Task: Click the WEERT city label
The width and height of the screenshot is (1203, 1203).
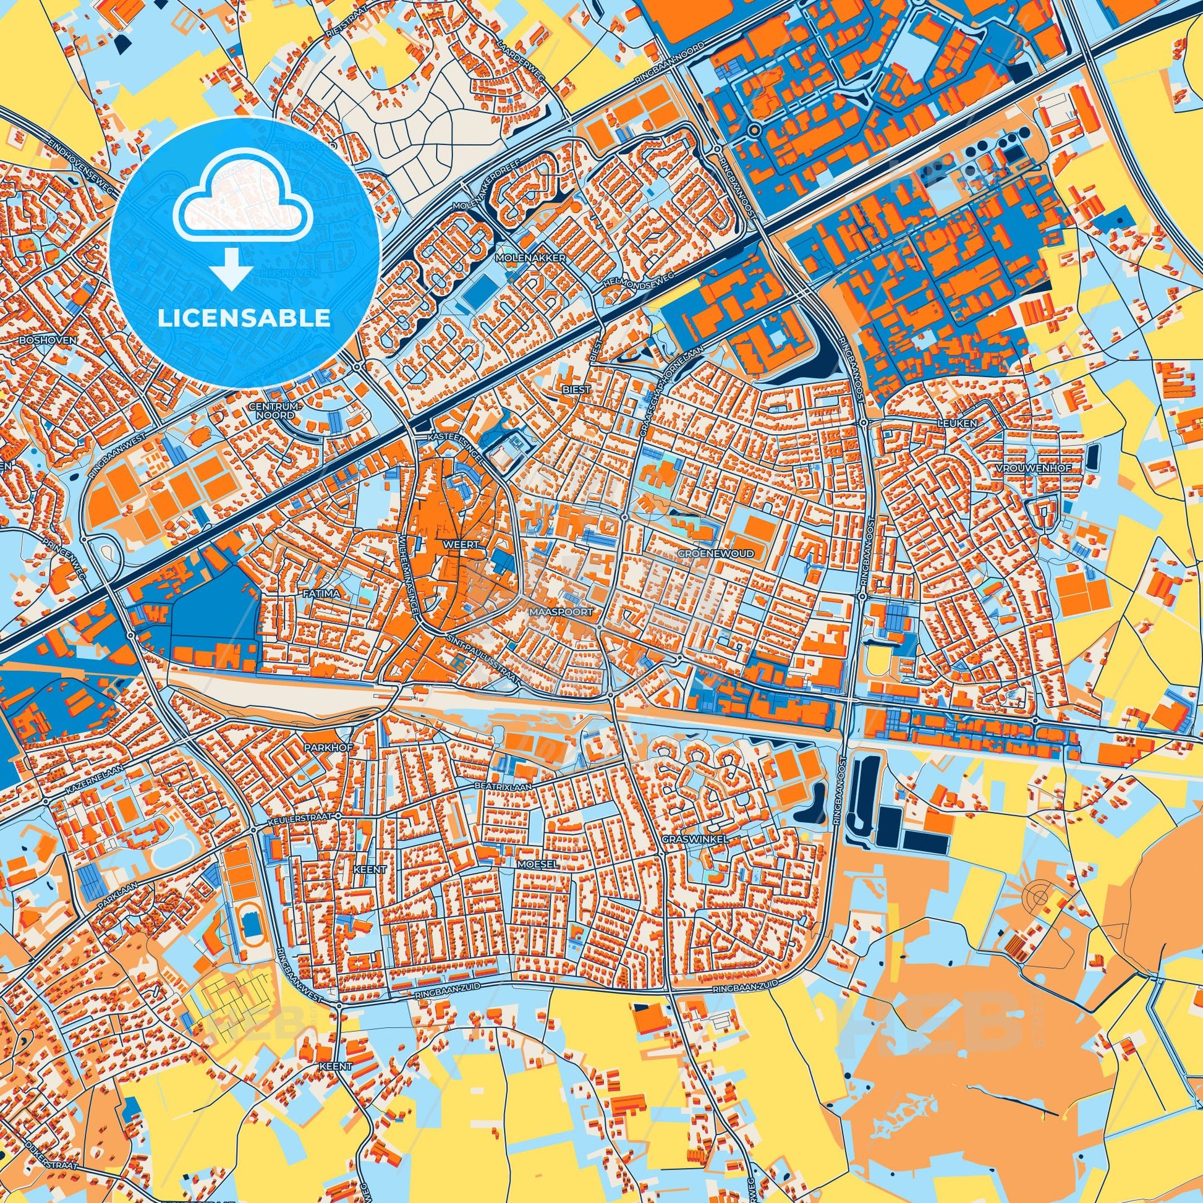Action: (461, 543)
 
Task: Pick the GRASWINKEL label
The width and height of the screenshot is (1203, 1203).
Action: (704, 839)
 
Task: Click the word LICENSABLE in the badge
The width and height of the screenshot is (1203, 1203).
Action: (244, 318)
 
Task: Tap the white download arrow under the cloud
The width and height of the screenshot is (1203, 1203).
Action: (231, 268)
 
